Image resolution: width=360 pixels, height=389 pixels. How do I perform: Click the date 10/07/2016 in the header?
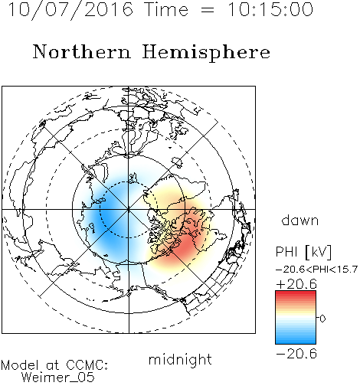point(70,10)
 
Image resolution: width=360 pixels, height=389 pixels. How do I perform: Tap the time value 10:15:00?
point(270,9)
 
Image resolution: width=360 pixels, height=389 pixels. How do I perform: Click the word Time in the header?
point(166,9)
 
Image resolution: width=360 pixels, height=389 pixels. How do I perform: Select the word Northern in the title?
point(82,51)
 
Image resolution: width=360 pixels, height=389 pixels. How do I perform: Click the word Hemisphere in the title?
point(206,53)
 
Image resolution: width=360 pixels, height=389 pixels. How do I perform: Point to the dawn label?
point(300,221)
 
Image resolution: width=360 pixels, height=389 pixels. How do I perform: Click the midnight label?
point(180,360)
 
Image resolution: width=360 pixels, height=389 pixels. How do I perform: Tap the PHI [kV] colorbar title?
point(303,252)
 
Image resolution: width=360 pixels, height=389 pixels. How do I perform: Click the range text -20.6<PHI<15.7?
point(316,270)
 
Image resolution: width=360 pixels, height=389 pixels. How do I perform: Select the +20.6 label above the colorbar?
point(296,284)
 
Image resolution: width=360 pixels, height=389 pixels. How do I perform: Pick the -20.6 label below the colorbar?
point(296,354)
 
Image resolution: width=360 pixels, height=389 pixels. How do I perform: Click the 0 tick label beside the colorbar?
point(322,319)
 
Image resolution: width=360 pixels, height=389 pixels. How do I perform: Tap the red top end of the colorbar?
point(296,293)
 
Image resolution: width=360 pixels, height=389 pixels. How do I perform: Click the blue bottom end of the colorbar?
point(296,341)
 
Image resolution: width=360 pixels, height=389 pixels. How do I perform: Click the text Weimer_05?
point(58,378)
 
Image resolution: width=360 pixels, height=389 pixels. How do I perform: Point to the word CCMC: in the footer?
point(87,365)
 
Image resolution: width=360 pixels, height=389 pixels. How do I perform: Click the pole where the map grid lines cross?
point(129,210)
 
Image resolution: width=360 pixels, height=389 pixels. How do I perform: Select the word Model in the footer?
point(20,365)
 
